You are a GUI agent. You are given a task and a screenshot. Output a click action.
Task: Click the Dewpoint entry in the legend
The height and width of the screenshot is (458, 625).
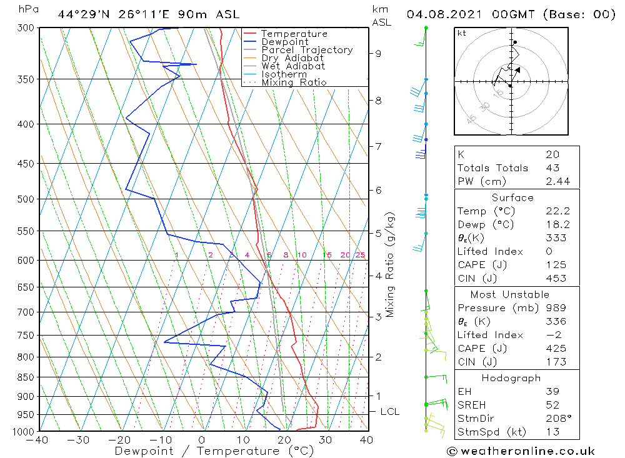click(x=284, y=42)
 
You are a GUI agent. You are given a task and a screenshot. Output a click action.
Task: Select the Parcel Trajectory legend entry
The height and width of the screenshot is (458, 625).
click(x=307, y=50)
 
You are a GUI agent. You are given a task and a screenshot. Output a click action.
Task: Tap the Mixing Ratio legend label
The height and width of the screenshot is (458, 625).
click(x=294, y=82)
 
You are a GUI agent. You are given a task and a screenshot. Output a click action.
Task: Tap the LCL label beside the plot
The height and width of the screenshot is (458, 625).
click(x=389, y=412)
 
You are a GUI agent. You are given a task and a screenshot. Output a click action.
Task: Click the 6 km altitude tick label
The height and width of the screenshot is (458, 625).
click(x=379, y=190)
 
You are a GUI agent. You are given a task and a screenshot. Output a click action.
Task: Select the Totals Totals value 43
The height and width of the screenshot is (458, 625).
click(x=552, y=168)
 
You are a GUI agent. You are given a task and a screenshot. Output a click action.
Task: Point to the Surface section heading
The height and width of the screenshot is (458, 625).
click(x=512, y=198)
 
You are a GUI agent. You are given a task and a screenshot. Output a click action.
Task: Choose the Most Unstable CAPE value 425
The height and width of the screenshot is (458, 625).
click(x=556, y=349)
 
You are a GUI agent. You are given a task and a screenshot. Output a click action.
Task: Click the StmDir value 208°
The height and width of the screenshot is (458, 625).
click(x=556, y=419)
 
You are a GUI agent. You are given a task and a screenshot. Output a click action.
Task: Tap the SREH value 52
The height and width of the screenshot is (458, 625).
click(x=552, y=405)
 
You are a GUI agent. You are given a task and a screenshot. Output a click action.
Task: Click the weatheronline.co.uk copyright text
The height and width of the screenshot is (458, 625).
click(x=521, y=451)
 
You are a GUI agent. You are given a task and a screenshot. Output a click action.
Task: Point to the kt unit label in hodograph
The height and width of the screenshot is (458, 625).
click(x=462, y=33)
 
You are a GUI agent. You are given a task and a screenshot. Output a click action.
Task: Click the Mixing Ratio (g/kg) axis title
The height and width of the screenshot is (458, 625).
click(x=391, y=265)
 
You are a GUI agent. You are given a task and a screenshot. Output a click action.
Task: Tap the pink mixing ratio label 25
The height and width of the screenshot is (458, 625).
click(x=360, y=255)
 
